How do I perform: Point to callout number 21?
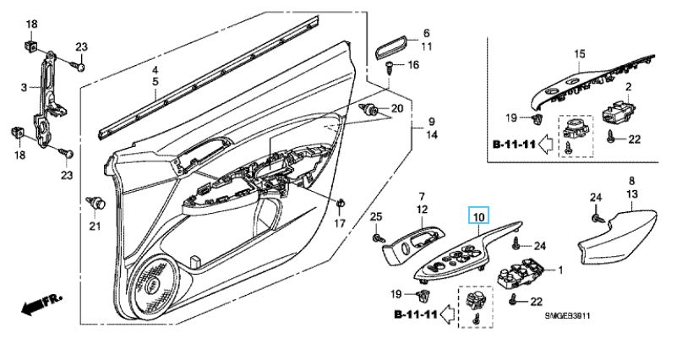(95, 226)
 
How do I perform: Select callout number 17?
(340, 224)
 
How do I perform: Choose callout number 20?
(397, 109)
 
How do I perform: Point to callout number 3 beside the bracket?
(25, 85)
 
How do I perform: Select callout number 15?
(580, 54)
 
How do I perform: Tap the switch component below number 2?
(619, 112)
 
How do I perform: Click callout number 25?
(376, 218)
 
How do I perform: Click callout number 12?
(421, 208)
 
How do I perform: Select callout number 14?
(430, 134)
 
